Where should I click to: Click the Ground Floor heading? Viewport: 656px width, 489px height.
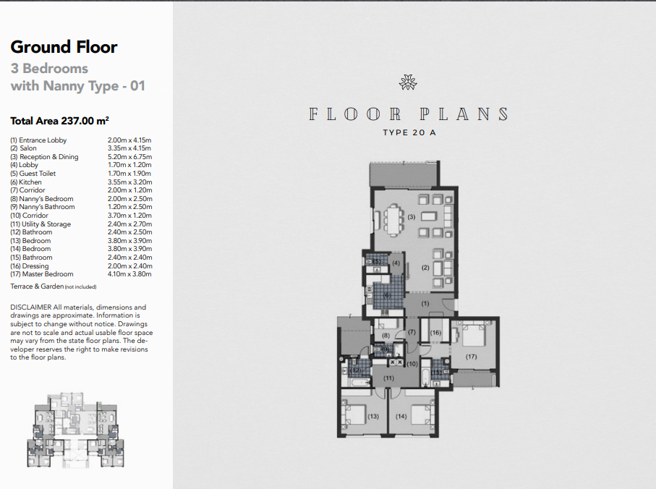click(x=64, y=47)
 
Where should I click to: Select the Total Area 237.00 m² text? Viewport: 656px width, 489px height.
click(x=60, y=121)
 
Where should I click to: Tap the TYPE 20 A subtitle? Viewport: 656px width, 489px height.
click(x=409, y=132)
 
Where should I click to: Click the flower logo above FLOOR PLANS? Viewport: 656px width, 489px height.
click(x=408, y=82)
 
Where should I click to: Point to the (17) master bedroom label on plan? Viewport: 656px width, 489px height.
click(x=471, y=357)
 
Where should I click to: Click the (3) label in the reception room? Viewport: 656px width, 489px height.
click(x=412, y=217)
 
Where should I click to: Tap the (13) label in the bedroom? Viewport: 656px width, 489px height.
click(x=373, y=416)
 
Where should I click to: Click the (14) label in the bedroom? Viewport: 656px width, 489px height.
click(x=401, y=416)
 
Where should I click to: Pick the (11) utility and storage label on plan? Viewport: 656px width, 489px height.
click(x=388, y=378)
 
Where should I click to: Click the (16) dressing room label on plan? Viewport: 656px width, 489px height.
click(x=435, y=333)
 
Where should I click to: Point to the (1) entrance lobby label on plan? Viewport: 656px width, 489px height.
click(x=425, y=304)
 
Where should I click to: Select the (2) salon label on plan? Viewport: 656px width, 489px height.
click(x=425, y=268)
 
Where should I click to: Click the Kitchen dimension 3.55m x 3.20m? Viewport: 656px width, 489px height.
click(x=129, y=182)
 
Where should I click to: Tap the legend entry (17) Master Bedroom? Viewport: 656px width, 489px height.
click(x=42, y=274)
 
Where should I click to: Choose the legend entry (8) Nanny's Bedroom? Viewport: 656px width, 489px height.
click(x=42, y=199)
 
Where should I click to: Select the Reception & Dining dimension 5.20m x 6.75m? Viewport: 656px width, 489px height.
click(x=129, y=157)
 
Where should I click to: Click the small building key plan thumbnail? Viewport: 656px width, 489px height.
click(x=76, y=430)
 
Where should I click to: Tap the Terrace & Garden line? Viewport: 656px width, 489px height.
click(x=54, y=286)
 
